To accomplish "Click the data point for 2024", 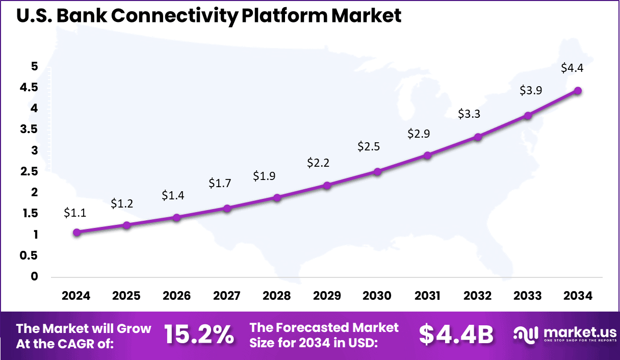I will tap(76, 232).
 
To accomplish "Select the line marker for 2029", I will tap(327, 185).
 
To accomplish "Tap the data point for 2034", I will tap(578, 90).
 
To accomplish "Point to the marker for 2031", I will tap(427, 155).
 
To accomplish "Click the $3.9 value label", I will tap(530, 90).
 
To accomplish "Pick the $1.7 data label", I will tap(219, 183).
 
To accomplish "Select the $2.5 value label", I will tap(369, 146).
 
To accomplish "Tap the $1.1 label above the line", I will tap(74, 213).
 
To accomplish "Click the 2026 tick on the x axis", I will tap(176, 296).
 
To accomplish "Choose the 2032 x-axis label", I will tap(478, 296).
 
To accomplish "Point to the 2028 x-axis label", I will tap(277, 296).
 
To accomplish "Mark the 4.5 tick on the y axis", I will tap(29, 87).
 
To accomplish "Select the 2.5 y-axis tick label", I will tap(29, 171).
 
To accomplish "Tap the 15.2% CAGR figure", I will tap(199, 335).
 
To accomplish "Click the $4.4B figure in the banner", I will tap(456, 335).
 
